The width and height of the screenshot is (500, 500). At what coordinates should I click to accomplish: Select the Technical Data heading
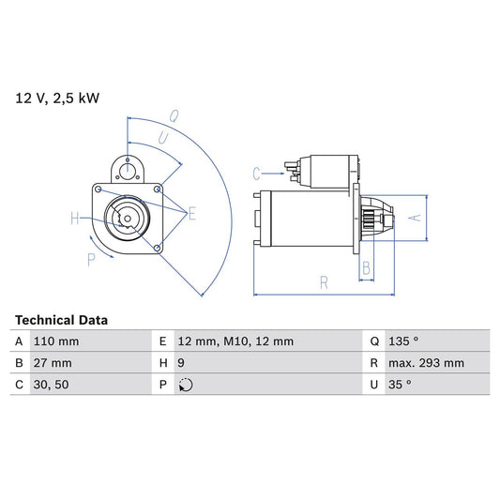click(x=61, y=320)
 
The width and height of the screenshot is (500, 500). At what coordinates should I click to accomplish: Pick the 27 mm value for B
click(x=52, y=363)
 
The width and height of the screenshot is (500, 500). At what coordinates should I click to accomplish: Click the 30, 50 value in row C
click(x=50, y=385)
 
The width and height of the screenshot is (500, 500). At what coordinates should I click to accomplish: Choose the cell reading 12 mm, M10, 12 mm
click(x=235, y=341)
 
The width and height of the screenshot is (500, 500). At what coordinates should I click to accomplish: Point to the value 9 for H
click(x=182, y=363)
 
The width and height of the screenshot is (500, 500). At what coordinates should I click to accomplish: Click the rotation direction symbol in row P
click(x=185, y=385)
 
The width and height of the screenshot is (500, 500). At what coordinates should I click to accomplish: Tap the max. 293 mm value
click(x=428, y=363)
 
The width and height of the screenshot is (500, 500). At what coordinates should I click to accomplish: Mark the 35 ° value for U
click(x=401, y=385)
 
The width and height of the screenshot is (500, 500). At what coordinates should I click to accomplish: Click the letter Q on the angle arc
click(x=174, y=117)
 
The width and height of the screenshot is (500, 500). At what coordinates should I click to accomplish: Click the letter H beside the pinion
click(x=75, y=220)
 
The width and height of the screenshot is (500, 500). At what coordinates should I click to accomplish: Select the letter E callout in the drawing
click(x=191, y=214)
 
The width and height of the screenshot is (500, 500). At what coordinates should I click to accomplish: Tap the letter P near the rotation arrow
click(x=92, y=259)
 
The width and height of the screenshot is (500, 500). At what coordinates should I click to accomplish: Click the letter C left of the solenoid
click(x=257, y=173)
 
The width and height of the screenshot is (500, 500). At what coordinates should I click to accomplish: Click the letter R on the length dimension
click(x=323, y=281)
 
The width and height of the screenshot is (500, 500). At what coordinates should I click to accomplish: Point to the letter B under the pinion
click(x=367, y=268)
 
